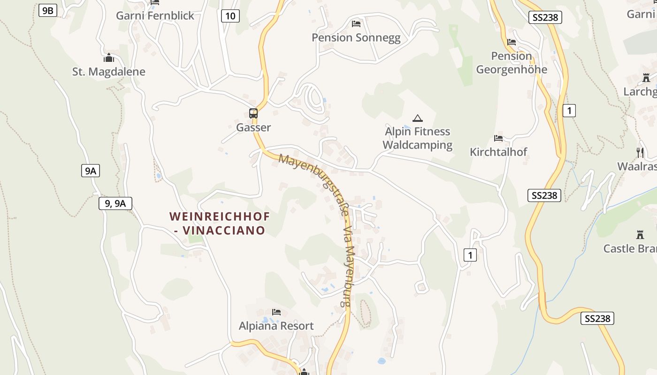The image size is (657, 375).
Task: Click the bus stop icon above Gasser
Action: pos(253,113)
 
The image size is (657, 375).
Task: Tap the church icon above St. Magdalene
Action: pos(109,58)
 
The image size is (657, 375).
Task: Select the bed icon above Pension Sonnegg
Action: pos(356,23)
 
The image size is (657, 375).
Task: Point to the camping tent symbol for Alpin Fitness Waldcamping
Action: pos(417,118)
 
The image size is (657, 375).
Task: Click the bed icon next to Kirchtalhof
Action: pos(498,138)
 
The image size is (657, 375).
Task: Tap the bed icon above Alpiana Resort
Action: pos(276,312)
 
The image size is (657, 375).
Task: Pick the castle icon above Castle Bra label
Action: pos(640,235)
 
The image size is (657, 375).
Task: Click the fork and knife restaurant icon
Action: pos(640,152)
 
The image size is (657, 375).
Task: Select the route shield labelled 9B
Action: pos(48,10)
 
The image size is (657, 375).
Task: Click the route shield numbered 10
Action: pos(230,16)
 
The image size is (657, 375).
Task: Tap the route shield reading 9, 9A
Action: pos(115,203)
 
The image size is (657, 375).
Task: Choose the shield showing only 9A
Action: pos(90,171)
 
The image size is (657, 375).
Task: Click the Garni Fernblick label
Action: pos(155,15)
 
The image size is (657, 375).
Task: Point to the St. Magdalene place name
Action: pos(109,72)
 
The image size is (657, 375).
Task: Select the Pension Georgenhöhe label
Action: pos(512,63)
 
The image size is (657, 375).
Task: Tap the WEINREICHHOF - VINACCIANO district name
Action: pos(219,223)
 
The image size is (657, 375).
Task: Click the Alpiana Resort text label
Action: pos(276,326)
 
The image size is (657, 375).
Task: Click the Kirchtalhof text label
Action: pos(498,152)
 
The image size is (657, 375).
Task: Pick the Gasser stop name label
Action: pos(253,127)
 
